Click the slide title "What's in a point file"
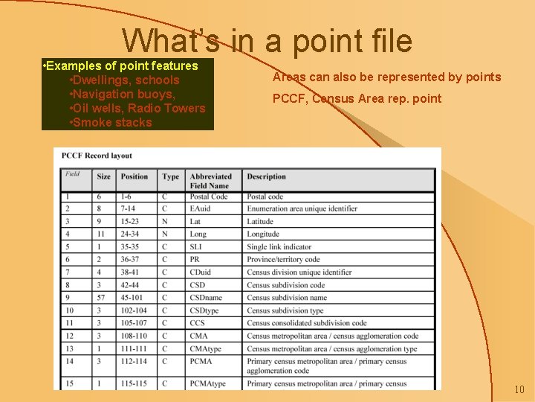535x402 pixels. [267, 41]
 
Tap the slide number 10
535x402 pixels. [519, 389]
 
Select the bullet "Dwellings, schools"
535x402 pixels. [124, 80]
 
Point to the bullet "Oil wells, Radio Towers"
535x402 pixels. [137, 108]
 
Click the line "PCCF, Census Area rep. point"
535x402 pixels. [357, 98]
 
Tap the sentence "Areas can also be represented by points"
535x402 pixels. [386, 77]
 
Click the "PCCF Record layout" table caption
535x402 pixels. [97, 156]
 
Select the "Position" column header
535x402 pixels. [134, 177]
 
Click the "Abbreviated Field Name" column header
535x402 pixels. [211, 181]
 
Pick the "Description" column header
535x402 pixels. [266, 177]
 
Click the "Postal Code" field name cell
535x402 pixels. [209, 197]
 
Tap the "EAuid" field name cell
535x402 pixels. [200, 208]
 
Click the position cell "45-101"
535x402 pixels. [134, 298]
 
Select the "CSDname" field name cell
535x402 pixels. [206, 298]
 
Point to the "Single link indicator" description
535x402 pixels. [279, 246]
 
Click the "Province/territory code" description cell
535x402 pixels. [283, 259]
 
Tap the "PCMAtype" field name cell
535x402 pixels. [207, 384]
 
